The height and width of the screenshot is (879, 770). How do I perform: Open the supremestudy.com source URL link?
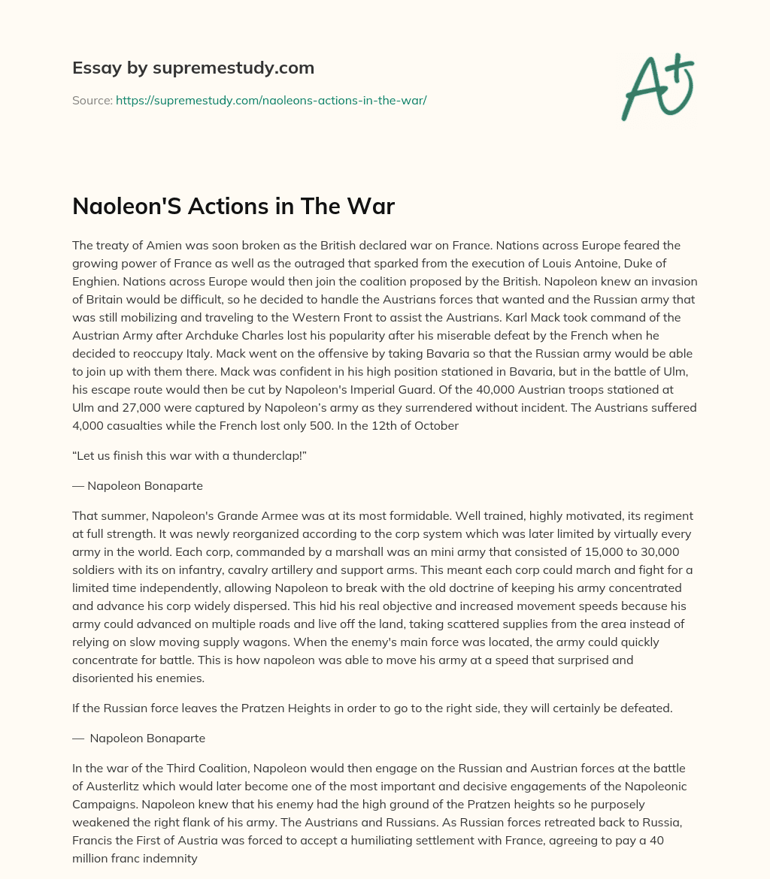pos(271,100)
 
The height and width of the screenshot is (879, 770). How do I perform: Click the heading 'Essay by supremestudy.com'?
pos(193,68)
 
